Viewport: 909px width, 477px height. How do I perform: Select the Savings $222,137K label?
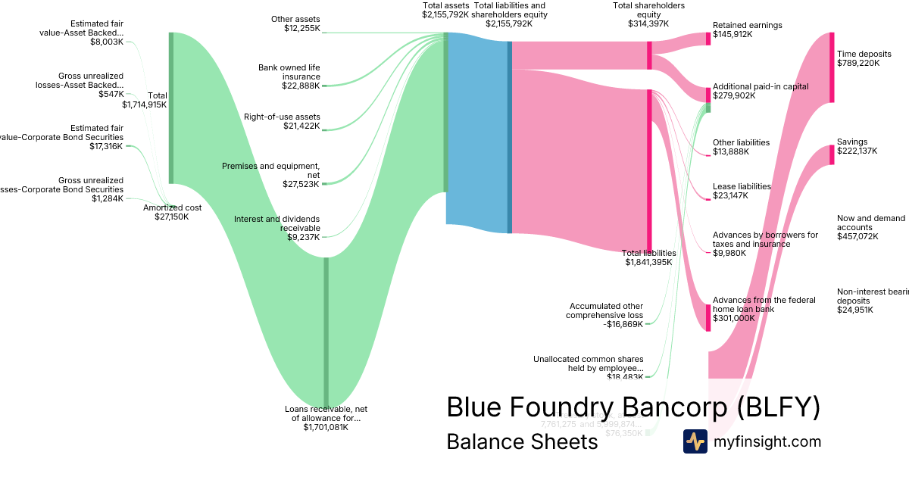pyautogui.click(x=857, y=146)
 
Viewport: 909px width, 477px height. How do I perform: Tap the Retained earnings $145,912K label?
pyautogui.click(x=747, y=30)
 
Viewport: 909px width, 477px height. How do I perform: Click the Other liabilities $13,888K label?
pyautogui.click(x=741, y=147)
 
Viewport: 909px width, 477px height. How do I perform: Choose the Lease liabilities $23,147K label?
pyautogui.click(x=742, y=191)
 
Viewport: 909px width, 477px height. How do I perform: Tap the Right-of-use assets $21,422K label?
pyautogui.click(x=281, y=121)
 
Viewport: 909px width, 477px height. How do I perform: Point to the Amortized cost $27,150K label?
pyautogui.click(x=172, y=212)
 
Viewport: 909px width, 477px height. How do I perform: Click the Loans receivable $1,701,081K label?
pyautogui.click(x=326, y=418)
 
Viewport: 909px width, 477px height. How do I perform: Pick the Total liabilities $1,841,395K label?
pyautogui.click(x=648, y=257)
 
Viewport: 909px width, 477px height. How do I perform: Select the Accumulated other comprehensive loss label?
pyautogui.click(x=606, y=315)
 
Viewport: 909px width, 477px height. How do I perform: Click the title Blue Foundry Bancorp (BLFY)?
pyautogui.click(x=633, y=407)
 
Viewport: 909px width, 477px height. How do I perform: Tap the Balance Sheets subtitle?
pyautogui.click(x=522, y=441)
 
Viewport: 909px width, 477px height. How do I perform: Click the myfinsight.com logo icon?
pyautogui.click(x=695, y=441)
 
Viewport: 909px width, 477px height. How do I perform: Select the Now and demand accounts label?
pyautogui.click(x=870, y=227)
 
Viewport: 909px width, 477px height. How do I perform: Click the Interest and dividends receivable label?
pyautogui.click(x=276, y=228)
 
